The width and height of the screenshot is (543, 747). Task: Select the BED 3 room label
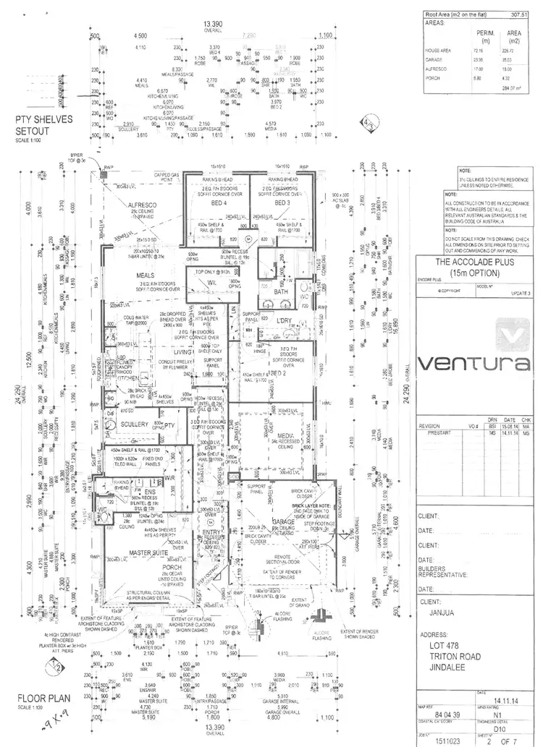click(282, 203)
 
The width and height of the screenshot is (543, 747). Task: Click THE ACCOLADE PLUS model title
click(475, 262)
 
